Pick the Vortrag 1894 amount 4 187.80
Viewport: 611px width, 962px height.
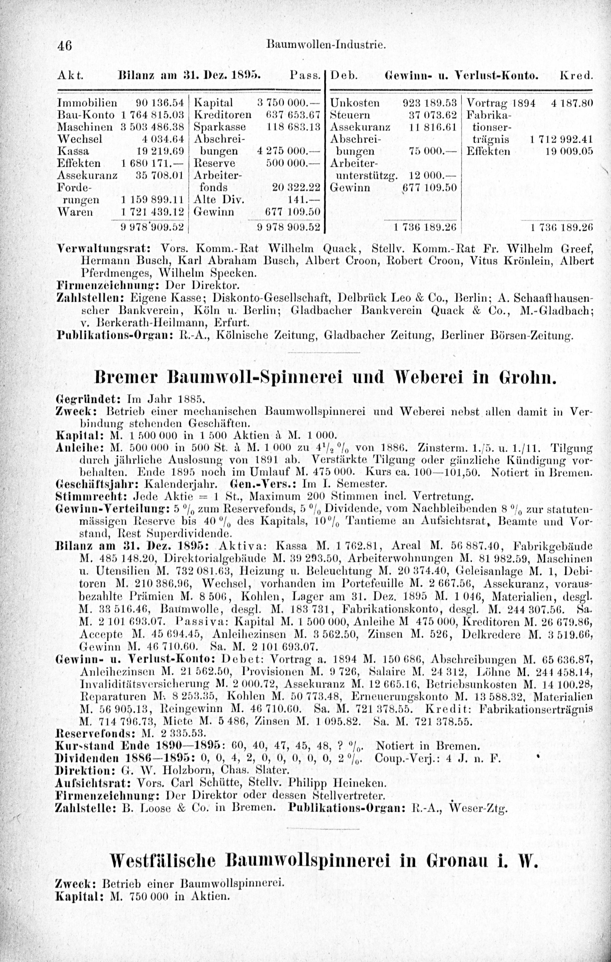[572, 103]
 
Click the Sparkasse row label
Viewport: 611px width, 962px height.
[219, 127]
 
